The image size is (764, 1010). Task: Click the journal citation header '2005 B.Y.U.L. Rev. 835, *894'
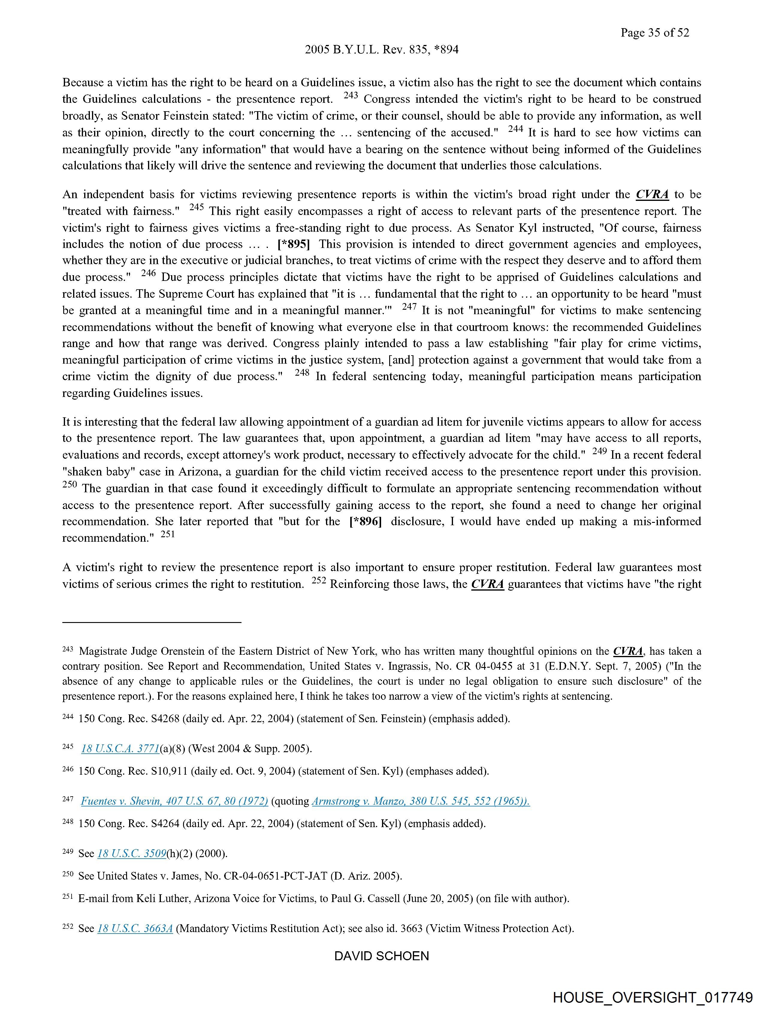point(381,50)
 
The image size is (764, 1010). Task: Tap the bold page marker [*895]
point(293,244)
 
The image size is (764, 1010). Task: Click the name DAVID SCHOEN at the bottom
point(381,956)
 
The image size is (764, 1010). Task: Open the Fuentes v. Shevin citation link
point(174,801)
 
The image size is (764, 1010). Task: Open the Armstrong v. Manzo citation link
point(420,801)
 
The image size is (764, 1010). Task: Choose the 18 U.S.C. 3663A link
point(135,928)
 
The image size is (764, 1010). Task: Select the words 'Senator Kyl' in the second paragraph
point(504,228)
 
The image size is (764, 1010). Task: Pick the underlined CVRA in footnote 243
point(628,651)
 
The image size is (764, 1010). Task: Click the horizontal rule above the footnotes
point(152,622)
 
